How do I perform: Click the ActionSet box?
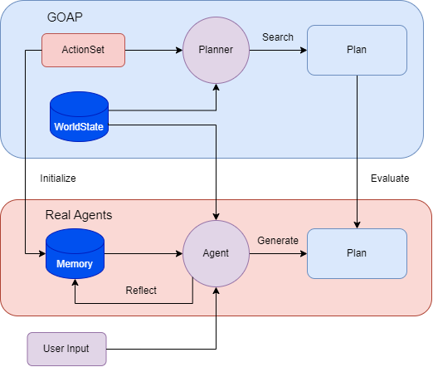tap(83, 50)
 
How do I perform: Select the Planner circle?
tap(216, 50)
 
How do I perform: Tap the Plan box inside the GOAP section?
tap(357, 50)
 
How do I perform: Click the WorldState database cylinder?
tap(79, 117)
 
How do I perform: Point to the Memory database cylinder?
tap(75, 253)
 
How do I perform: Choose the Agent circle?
tap(216, 253)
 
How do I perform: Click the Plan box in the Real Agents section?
tap(357, 253)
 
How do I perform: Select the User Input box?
tap(66, 349)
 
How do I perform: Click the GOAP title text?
tap(65, 17)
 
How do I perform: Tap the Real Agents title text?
tap(79, 215)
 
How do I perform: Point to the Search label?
tap(278, 37)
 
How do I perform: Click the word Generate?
tap(278, 241)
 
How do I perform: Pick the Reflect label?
tap(141, 291)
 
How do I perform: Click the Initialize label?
tap(58, 179)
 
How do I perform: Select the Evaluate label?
tap(390, 179)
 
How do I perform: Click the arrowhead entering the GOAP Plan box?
tap(304, 50)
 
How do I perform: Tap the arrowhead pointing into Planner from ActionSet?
tap(179, 50)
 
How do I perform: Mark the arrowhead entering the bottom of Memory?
tap(75, 282)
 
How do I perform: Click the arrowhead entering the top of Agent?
tap(216, 217)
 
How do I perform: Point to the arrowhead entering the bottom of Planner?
tap(216, 87)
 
